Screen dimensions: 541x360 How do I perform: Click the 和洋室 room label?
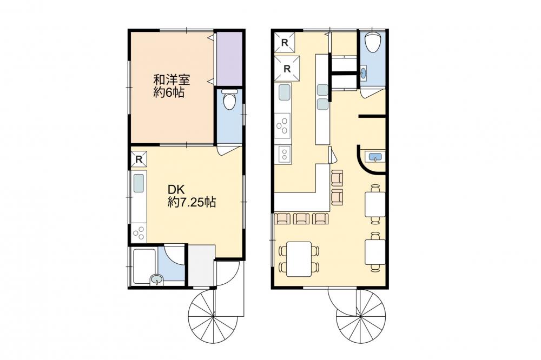(171, 81)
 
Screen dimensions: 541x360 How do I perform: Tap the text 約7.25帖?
(192, 202)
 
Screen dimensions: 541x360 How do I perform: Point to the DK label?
(177, 189)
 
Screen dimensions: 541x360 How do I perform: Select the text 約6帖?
(169, 92)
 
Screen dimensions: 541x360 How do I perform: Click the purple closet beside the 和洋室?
(229, 58)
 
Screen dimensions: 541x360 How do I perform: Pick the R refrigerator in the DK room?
(138, 159)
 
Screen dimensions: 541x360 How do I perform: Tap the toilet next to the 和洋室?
(228, 99)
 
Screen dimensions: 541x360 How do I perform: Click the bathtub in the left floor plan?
(145, 266)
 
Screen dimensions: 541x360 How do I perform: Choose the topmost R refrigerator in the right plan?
(285, 42)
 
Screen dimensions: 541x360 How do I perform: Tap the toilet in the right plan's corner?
(372, 42)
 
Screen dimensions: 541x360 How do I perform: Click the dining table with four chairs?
(299, 259)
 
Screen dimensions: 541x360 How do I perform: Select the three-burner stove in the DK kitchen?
(139, 233)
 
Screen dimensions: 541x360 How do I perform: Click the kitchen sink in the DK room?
(139, 183)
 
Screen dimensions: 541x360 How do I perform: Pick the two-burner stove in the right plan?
(283, 154)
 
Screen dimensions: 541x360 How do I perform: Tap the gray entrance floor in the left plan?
(202, 265)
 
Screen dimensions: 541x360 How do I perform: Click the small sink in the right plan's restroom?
(362, 72)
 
